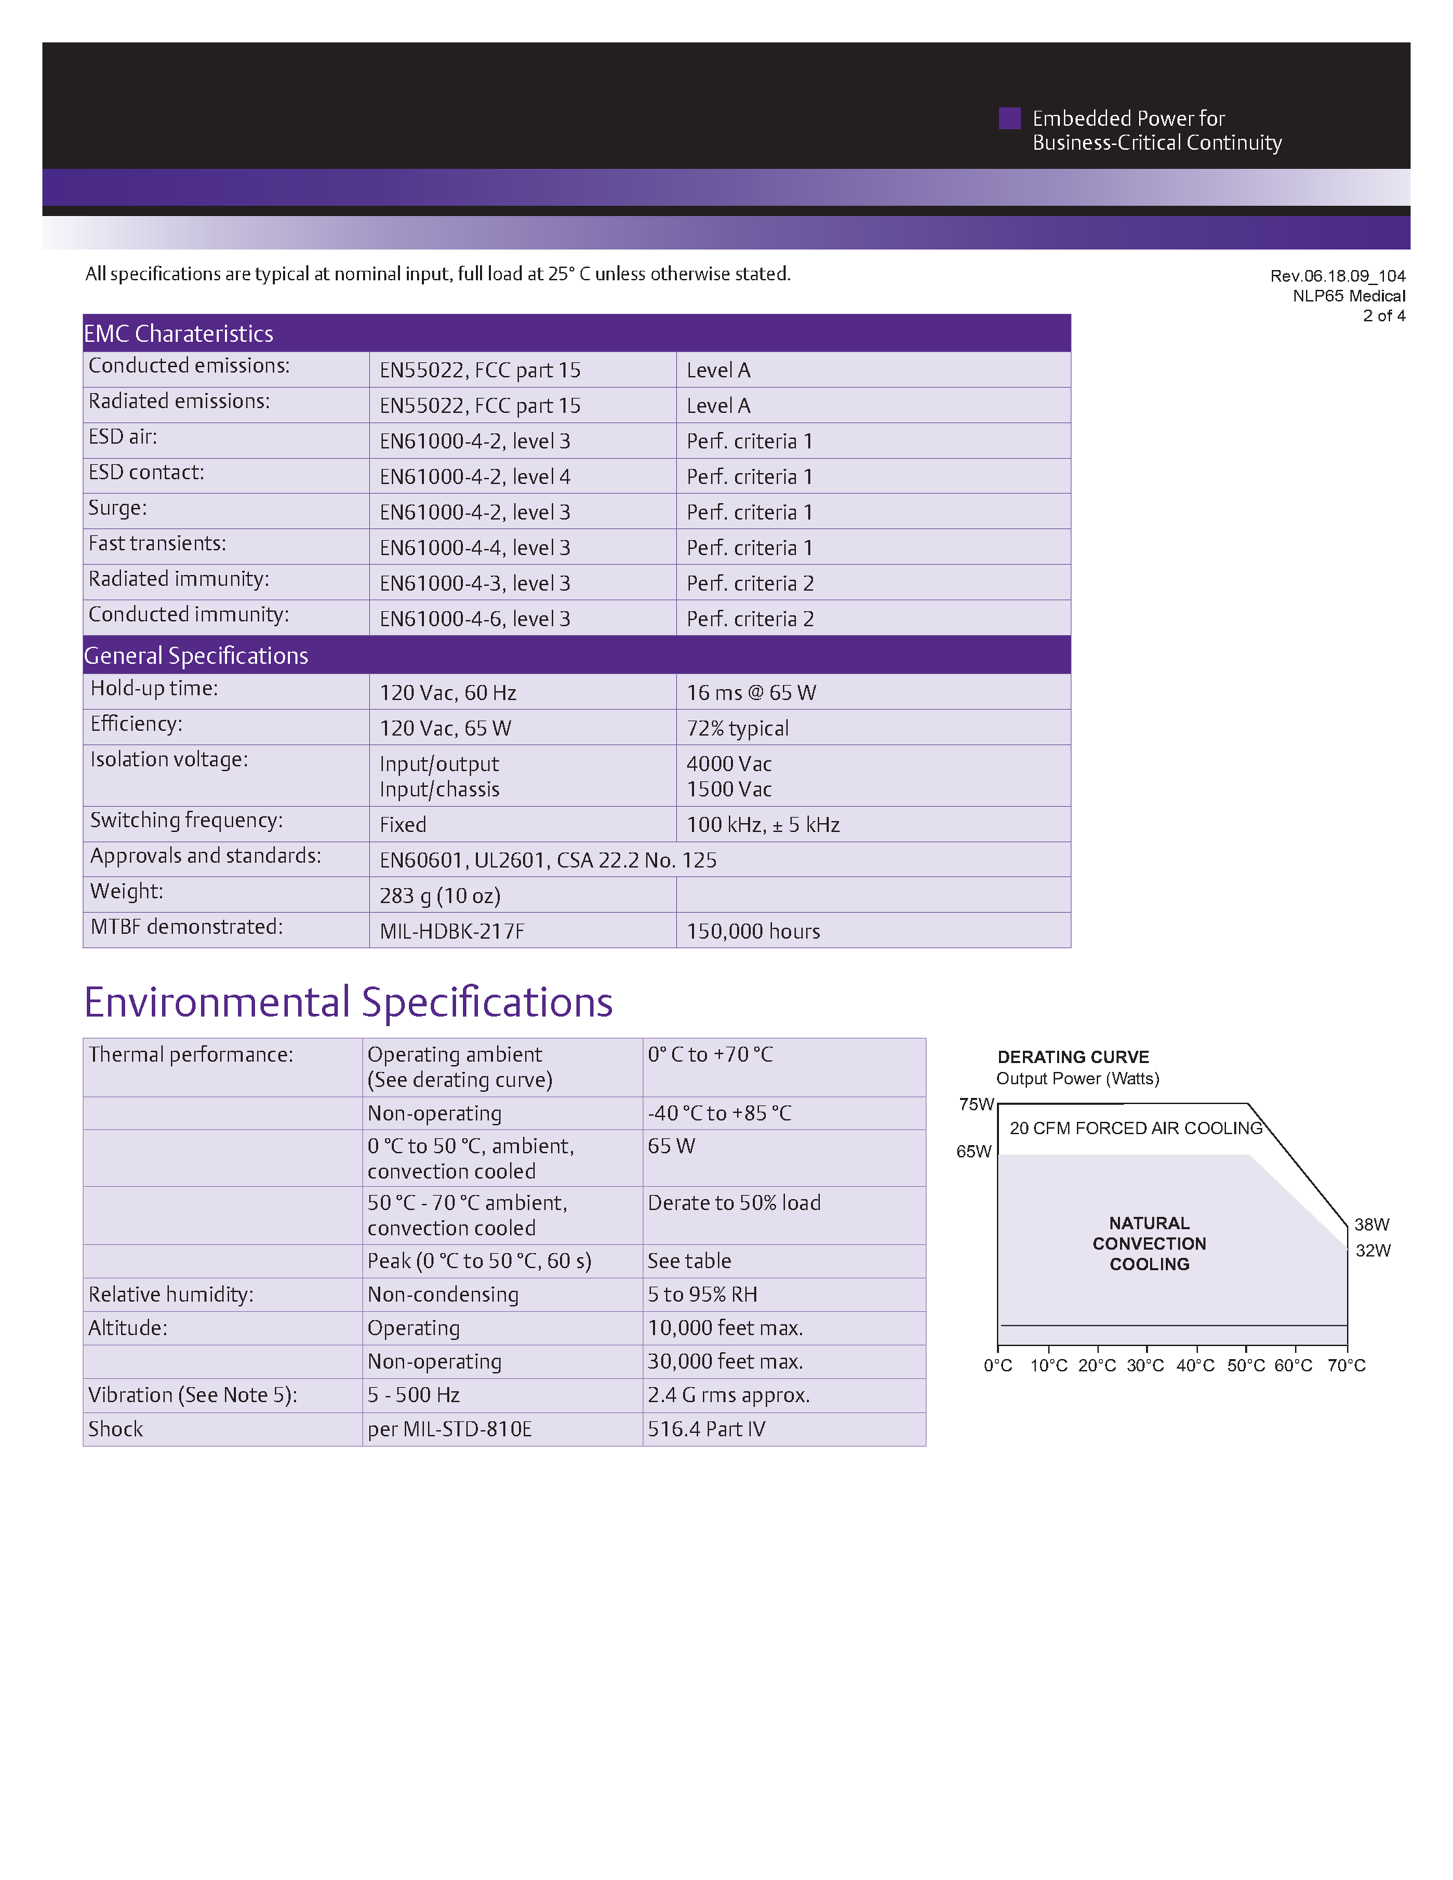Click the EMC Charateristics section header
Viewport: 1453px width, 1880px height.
click(178, 334)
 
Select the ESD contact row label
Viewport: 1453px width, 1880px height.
click(146, 472)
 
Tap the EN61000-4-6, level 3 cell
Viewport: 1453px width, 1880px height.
click(475, 619)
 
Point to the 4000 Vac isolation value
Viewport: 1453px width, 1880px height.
click(728, 764)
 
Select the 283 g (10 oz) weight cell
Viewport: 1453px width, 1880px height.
click(439, 896)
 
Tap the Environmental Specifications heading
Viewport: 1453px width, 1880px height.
click(348, 1003)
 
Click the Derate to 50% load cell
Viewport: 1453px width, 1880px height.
click(734, 1203)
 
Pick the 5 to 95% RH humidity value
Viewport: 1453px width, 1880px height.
click(702, 1295)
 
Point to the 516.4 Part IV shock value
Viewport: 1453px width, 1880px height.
click(706, 1429)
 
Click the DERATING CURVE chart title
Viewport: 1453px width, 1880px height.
click(1073, 1057)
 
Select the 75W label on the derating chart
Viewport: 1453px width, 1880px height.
click(976, 1104)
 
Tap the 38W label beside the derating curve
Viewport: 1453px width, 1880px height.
click(1371, 1224)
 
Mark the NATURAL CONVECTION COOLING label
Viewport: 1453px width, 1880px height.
click(1149, 1244)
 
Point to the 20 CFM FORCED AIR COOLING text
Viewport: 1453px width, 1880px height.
click(1135, 1129)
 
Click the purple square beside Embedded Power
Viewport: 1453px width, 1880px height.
click(1009, 119)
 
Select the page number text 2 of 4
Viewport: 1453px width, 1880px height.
click(1383, 316)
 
